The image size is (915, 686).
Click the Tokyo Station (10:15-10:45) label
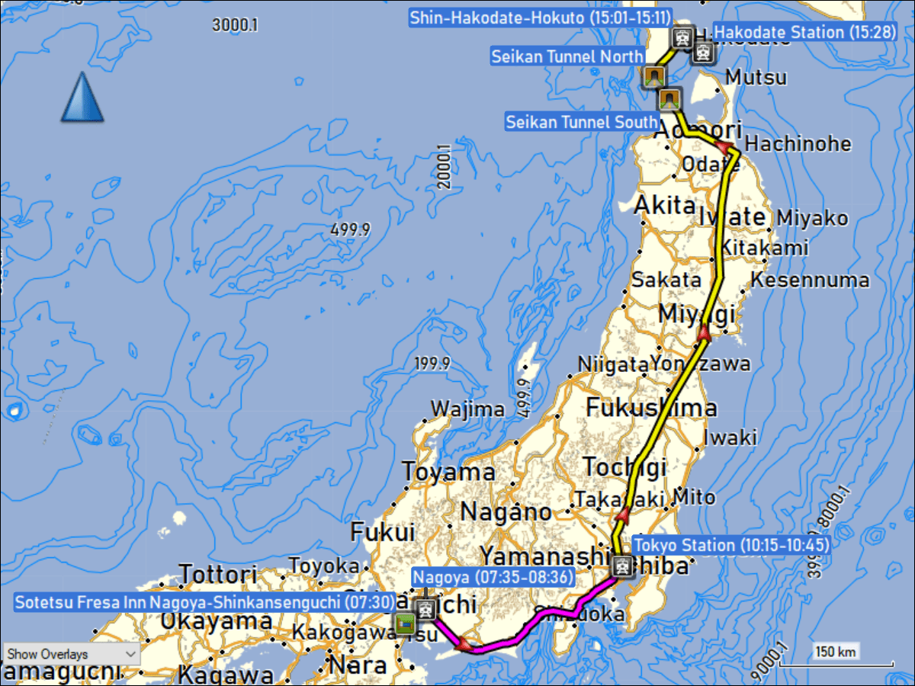point(731,545)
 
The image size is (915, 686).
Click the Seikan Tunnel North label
point(567,56)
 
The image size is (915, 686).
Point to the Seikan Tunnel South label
point(583,122)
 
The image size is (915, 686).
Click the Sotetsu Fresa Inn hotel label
point(204,602)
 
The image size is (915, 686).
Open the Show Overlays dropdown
point(72,654)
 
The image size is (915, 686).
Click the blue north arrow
point(82,98)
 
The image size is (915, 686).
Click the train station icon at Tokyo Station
point(621,565)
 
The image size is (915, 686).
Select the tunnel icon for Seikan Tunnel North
point(653,75)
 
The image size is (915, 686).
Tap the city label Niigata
point(612,364)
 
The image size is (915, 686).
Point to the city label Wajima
point(467,409)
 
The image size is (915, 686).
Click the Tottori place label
point(218,574)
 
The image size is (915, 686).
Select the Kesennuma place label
point(810,280)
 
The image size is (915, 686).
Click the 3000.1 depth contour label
point(235,24)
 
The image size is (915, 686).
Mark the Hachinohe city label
point(798,144)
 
